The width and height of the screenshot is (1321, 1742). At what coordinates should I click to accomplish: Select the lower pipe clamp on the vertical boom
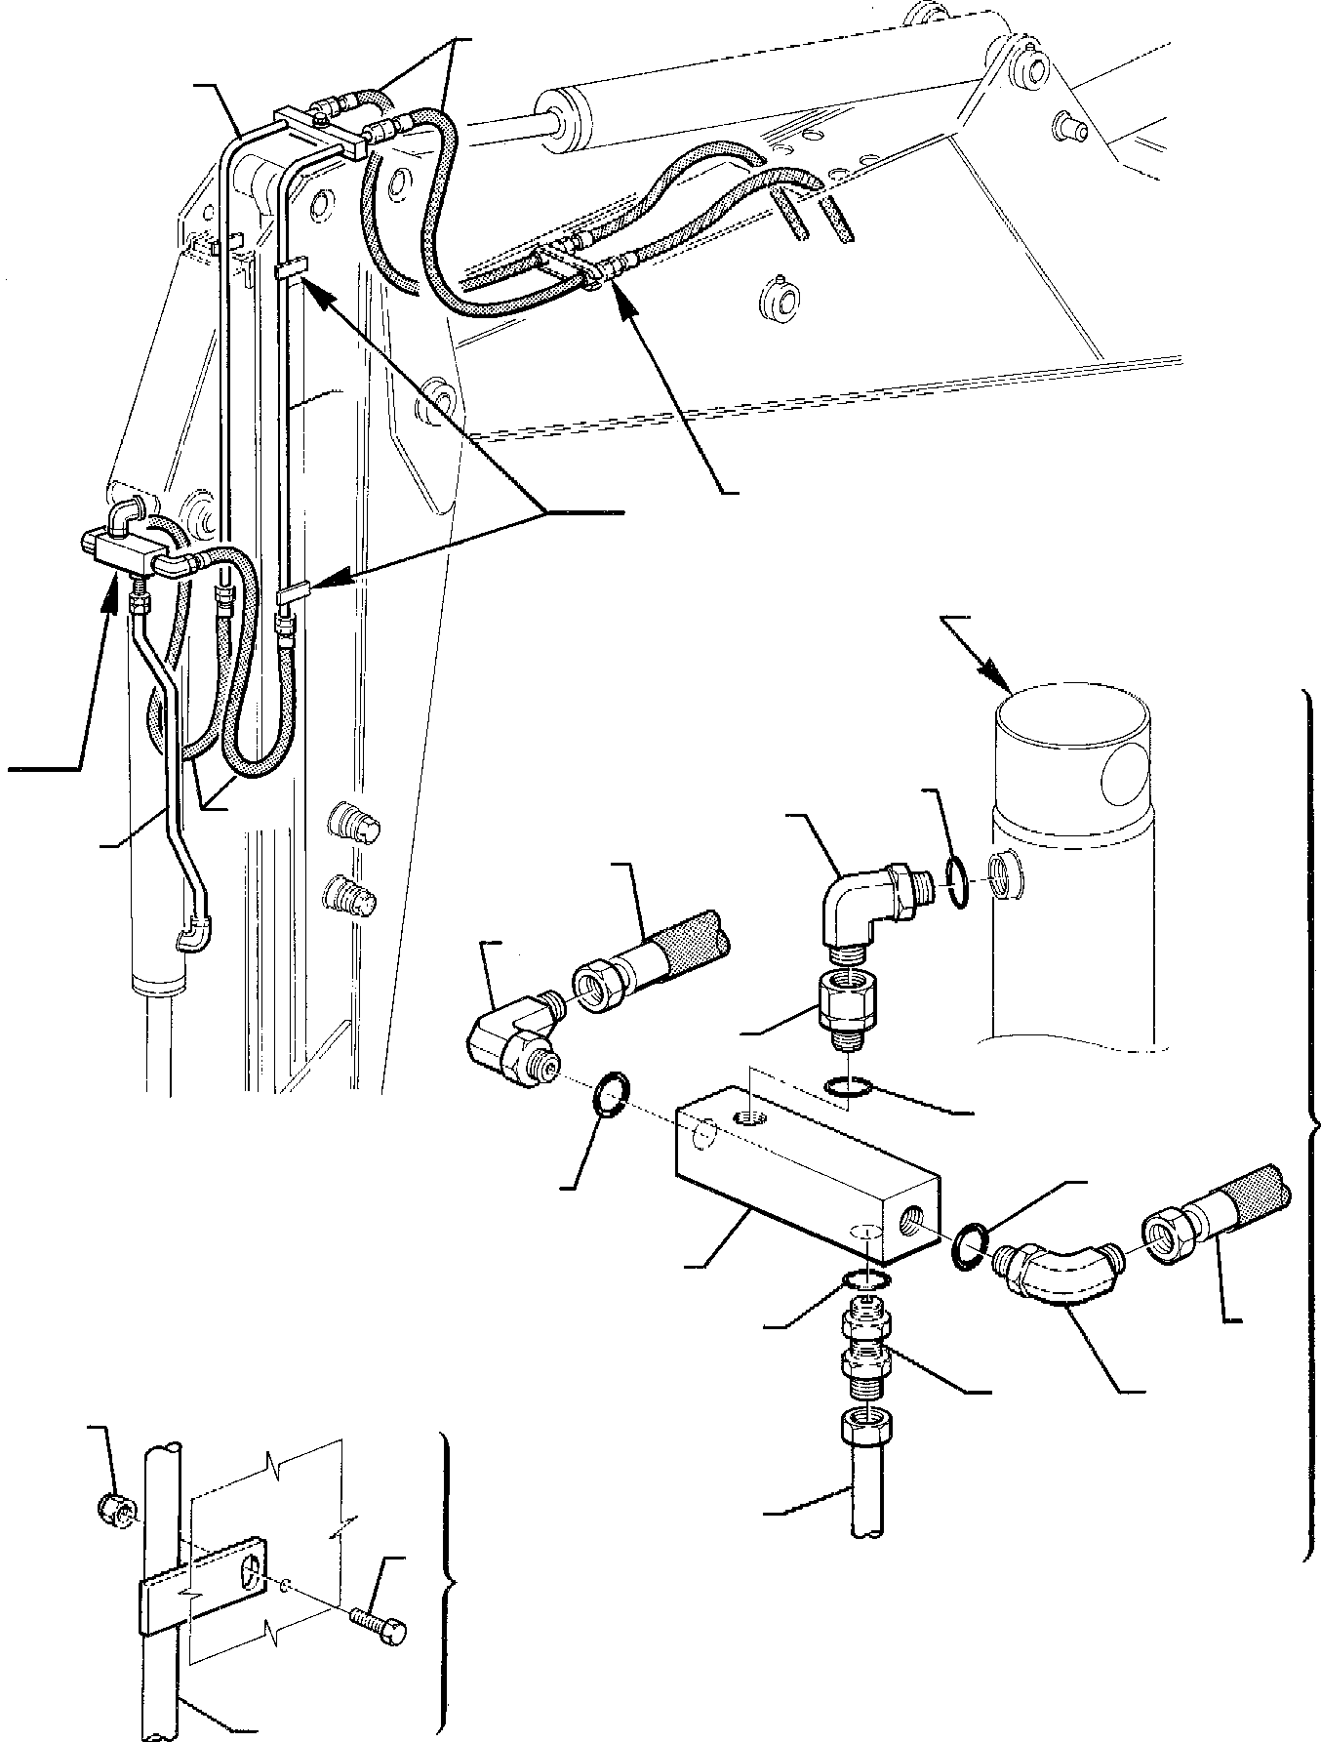coord(293,592)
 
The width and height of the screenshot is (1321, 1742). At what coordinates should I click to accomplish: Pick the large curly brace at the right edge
coord(1309,1122)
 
